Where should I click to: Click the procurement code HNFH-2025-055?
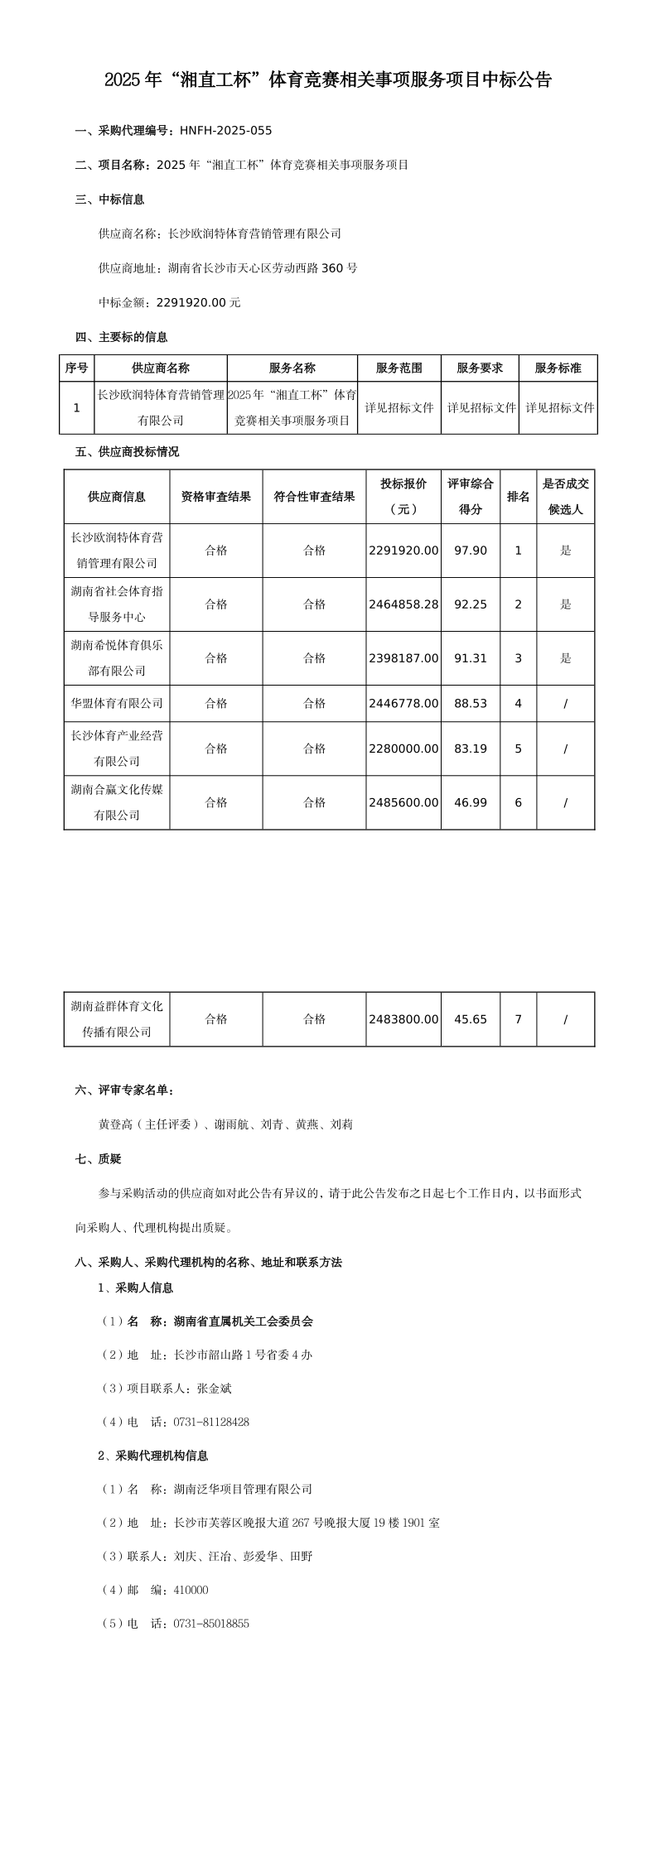(225, 130)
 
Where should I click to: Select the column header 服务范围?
(399, 368)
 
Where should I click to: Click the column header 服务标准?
(558, 368)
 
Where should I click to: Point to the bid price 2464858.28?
(403, 604)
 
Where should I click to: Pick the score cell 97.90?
(471, 551)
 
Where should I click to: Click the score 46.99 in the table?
(471, 802)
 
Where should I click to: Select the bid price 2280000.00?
(403, 748)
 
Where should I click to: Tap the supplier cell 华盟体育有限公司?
(117, 703)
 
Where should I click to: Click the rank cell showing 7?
(519, 1019)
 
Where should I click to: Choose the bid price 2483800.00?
(403, 1019)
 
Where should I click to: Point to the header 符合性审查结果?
(314, 497)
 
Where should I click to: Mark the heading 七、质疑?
(99, 1159)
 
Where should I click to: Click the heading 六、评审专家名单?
(124, 1090)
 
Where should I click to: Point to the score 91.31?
(471, 658)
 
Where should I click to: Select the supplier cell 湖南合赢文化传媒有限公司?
(117, 802)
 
